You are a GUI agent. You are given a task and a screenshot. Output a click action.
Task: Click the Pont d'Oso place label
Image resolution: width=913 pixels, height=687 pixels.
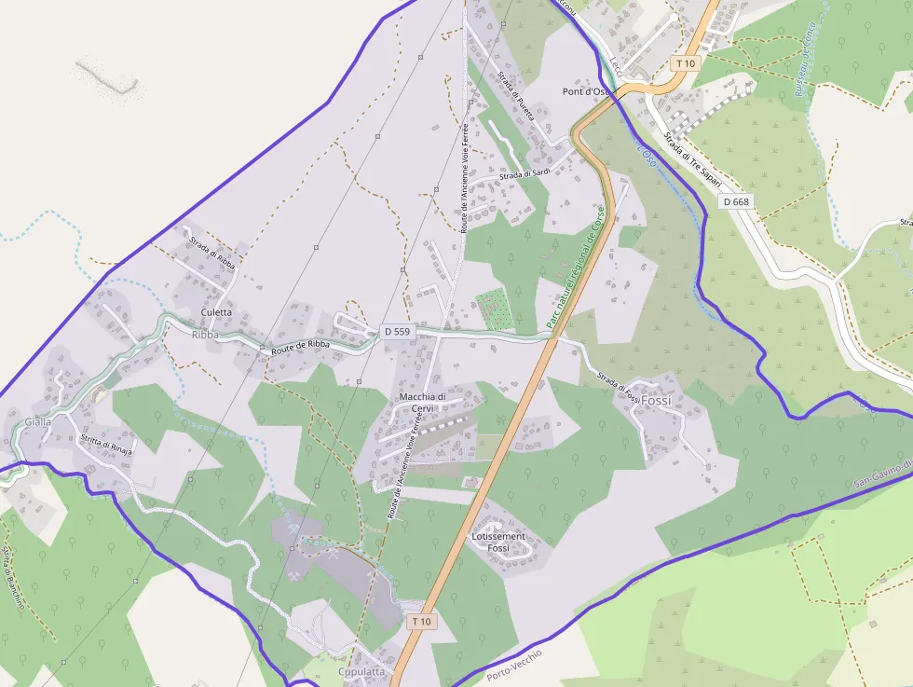pos(586,91)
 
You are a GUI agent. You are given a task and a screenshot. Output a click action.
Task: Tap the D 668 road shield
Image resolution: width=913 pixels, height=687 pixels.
pos(736,201)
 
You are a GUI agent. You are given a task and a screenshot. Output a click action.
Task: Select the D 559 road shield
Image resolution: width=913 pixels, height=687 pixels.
pos(396,331)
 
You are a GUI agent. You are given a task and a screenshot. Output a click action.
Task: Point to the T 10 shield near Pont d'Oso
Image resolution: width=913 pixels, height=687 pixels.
pos(686,63)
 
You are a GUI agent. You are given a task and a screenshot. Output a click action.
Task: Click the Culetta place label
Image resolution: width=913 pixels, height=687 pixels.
pos(216,312)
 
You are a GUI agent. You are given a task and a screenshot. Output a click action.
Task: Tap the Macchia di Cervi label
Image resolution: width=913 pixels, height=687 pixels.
pos(423,403)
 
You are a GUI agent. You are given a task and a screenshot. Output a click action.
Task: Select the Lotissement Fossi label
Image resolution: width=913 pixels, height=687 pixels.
pos(498,543)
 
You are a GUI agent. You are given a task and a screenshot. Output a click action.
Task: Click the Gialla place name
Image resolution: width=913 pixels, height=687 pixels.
pos(38,421)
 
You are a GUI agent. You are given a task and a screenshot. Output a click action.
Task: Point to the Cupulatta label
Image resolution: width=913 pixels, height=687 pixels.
pos(361,671)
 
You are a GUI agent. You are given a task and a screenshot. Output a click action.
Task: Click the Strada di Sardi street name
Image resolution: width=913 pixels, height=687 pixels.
pos(525,174)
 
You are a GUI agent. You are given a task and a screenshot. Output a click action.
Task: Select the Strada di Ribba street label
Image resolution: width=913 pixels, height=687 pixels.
pos(213,254)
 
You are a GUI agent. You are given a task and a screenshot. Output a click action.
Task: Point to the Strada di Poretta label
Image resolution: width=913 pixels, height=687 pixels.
pos(516,97)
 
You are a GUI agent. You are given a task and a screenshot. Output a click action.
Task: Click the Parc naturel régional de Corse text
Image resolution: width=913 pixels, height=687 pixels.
pos(576,268)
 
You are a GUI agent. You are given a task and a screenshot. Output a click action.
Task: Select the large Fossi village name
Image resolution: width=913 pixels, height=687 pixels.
pos(656,400)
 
